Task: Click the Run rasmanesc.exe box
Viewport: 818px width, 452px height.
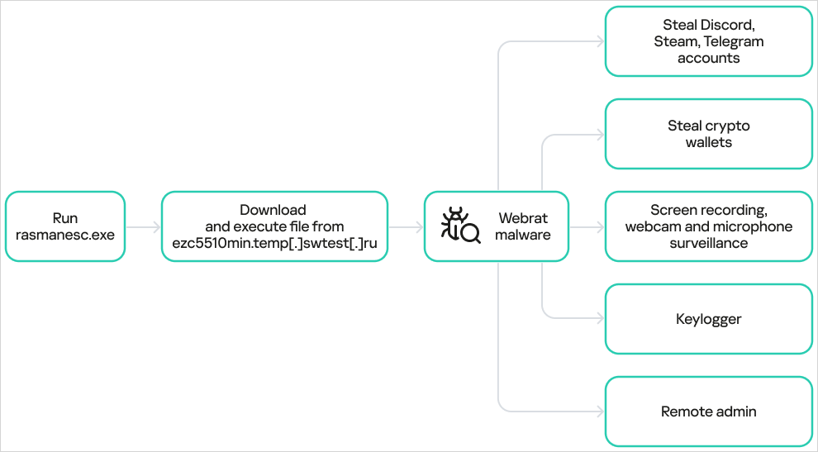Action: click(64, 226)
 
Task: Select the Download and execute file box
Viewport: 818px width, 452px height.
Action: click(273, 226)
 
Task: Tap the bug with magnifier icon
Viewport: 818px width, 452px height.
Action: click(460, 226)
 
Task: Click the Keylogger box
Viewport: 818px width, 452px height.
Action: click(708, 318)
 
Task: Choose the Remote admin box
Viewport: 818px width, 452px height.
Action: click(708, 411)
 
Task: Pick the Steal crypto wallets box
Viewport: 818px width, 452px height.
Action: click(708, 134)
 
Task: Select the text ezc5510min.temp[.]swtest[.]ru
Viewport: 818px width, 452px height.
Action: click(273, 242)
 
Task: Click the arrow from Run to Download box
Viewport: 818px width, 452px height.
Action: click(143, 226)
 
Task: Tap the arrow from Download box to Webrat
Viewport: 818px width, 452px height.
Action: click(406, 226)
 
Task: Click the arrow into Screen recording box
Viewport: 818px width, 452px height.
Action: click(587, 226)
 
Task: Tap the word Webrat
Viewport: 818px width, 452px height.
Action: click(522, 219)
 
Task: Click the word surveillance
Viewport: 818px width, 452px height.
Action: click(708, 242)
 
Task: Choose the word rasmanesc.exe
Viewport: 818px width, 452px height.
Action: click(64, 235)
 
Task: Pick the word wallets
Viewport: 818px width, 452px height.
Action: click(708, 142)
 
